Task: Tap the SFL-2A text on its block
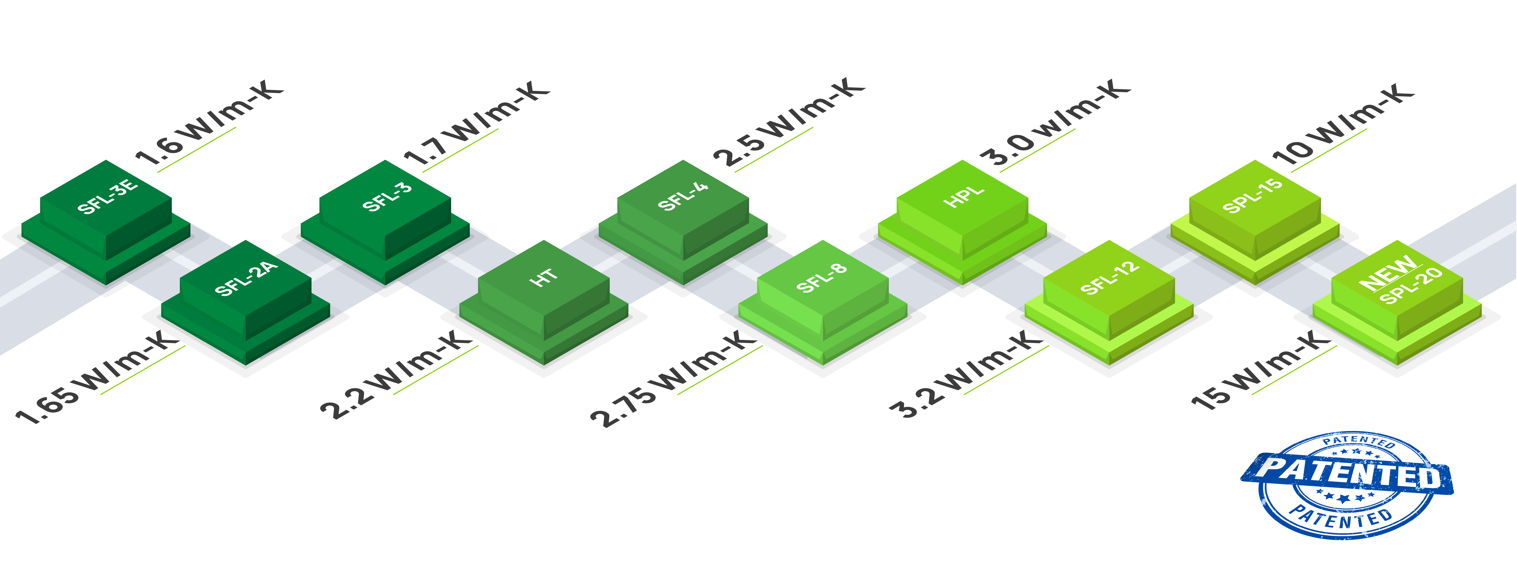tap(246, 278)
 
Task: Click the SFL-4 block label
tap(683, 196)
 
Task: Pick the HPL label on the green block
tap(964, 196)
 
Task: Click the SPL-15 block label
tap(1253, 196)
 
